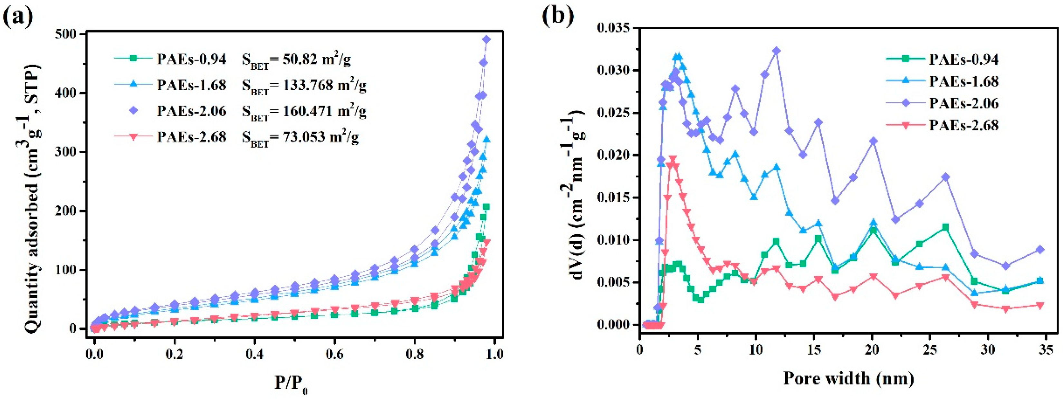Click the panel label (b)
point(557,16)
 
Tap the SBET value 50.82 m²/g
point(296,60)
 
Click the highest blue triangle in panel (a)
point(487,139)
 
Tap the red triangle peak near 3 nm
point(673,159)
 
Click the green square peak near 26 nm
point(945,227)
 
